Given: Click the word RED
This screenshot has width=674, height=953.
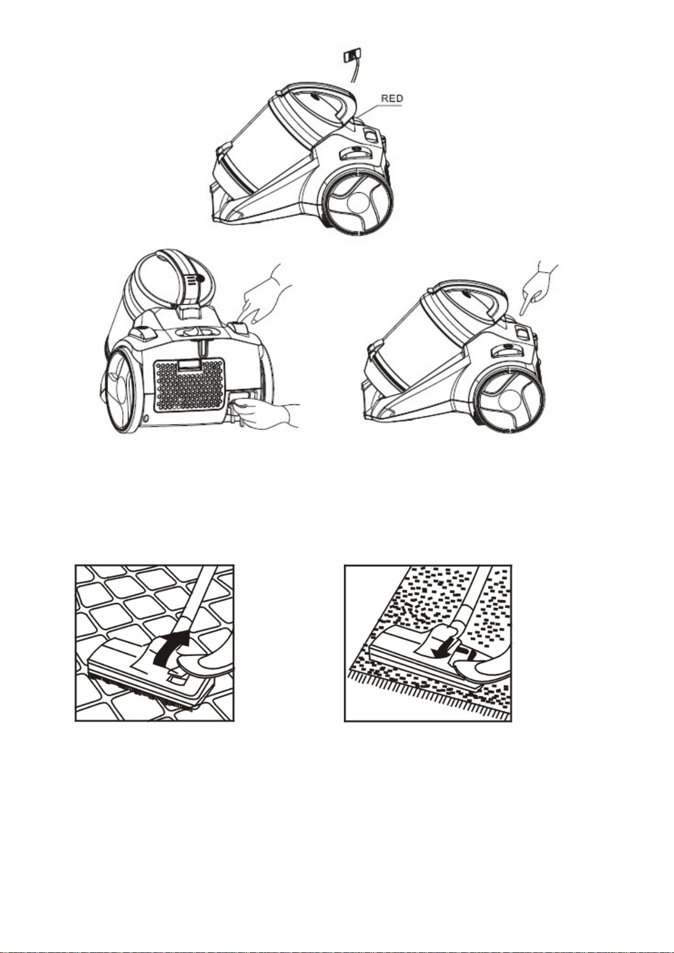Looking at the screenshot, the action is tap(391, 98).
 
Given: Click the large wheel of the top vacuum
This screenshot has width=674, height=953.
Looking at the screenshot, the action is tap(357, 201).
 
